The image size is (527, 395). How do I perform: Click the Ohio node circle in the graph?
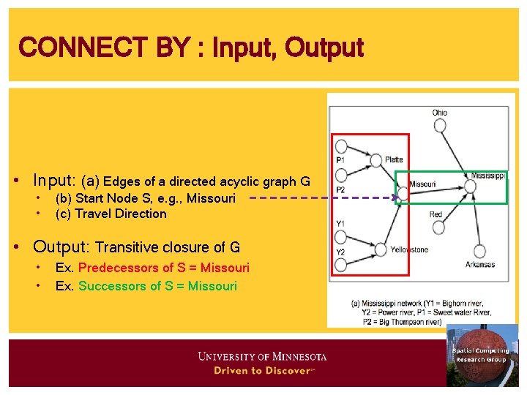(440, 125)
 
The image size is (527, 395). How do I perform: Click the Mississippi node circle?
(471, 187)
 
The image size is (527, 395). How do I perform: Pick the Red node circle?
(438, 227)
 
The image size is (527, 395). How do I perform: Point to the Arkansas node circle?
(480, 251)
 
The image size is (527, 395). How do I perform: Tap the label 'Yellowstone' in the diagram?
(409, 250)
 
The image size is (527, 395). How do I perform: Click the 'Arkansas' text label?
(480, 265)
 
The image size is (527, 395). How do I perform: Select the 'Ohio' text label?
(439, 113)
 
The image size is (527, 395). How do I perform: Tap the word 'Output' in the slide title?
(324, 48)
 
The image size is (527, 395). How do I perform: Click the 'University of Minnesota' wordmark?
(262, 357)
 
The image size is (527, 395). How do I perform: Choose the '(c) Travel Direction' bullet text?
(111, 214)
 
